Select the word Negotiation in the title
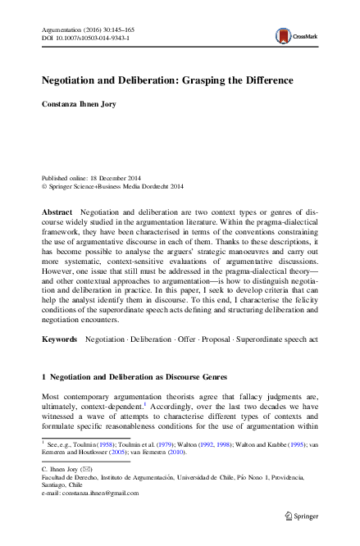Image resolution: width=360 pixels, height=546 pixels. [x=74, y=81]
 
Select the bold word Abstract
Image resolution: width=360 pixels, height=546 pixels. [x=56, y=212]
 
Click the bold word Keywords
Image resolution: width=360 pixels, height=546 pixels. [x=58, y=339]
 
